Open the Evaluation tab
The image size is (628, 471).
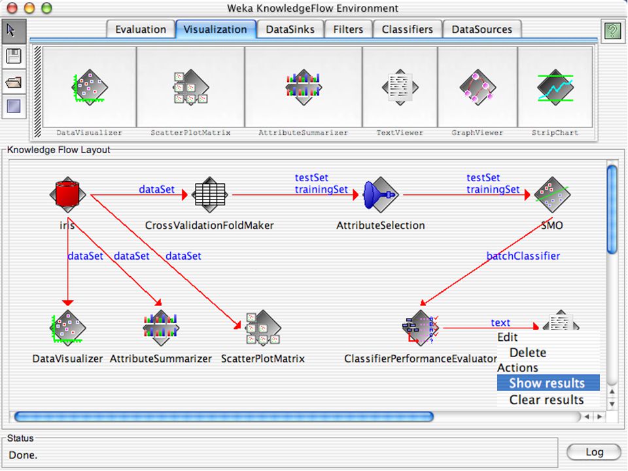[141, 29]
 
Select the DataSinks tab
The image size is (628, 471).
[290, 29]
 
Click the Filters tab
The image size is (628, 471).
[348, 29]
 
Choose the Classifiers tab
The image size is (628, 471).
[408, 29]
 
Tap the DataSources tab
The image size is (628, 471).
[482, 29]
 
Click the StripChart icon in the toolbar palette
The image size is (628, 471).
[555, 87]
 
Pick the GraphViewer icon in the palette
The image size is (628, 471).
[477, 87]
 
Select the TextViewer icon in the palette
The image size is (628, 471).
[400, 87]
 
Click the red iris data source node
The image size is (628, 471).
[67, 195]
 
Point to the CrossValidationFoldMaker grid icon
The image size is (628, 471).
[210, 195]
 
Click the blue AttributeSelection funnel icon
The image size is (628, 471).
[381, 195]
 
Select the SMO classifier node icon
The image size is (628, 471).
[552, 195]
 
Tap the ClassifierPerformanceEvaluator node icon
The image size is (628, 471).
[420, 328]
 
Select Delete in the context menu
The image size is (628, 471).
[528, 353]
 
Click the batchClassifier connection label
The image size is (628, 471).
[523, 256]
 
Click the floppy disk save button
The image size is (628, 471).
[14, 56]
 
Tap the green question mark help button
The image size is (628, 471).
[612, 31]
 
